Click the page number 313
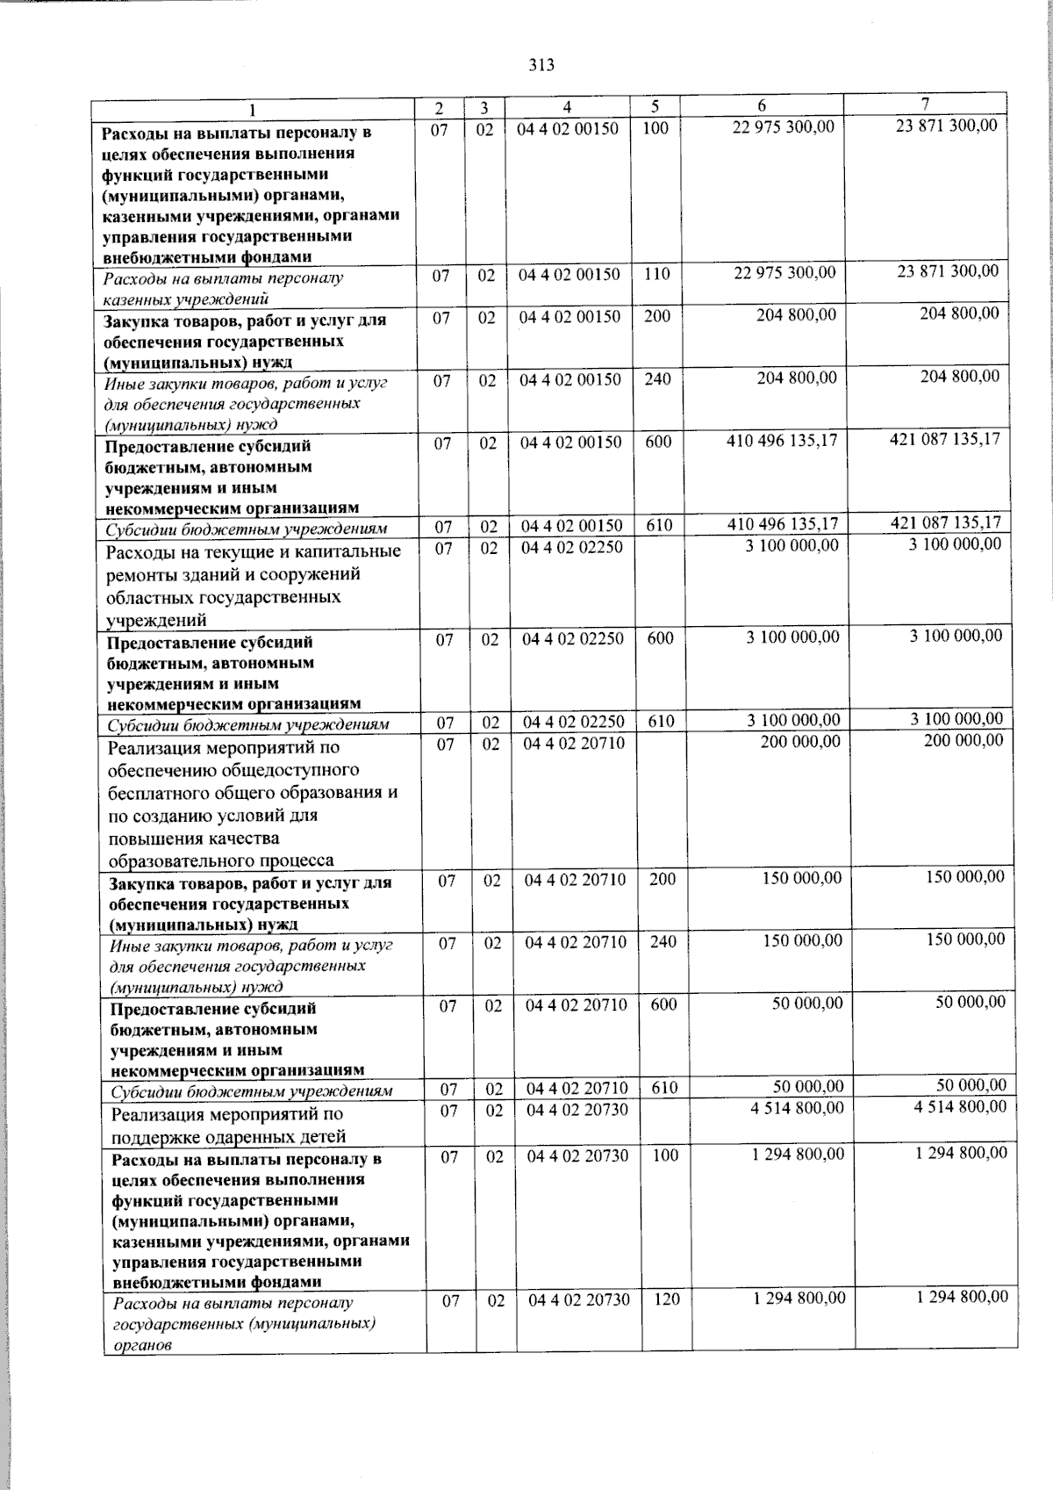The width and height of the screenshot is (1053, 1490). (x=542, y=64)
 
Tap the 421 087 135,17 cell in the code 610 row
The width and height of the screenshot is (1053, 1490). (x=945, y=522)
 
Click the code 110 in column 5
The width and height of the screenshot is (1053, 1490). (x=656, y=274)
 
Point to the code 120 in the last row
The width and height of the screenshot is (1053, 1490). (x=667, y=1299)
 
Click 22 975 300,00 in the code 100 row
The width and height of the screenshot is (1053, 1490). (x=783, y=128)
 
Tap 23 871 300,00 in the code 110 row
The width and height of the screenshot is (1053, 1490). (x=947, y=270)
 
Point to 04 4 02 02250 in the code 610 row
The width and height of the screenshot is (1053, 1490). (x=574, y=722)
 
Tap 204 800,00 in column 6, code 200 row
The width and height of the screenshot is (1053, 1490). (x=796, y=314)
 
